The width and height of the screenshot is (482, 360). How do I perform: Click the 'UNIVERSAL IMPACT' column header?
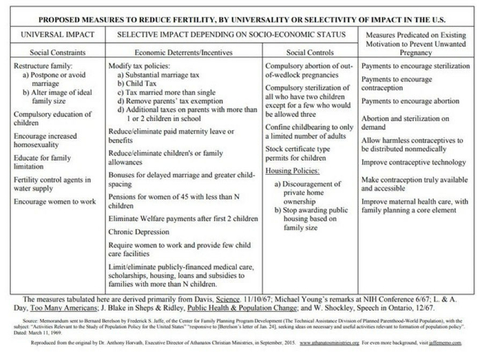[54, 34]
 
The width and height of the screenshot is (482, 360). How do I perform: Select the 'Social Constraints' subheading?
[54, 52]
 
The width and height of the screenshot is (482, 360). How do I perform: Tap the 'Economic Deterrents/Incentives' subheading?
[185, 52]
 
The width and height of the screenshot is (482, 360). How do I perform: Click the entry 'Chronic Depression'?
[136, 231]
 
